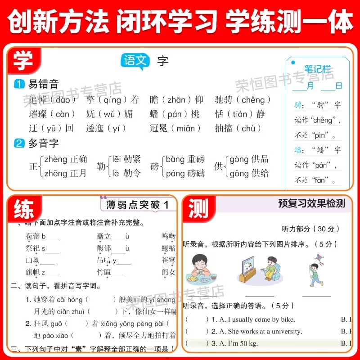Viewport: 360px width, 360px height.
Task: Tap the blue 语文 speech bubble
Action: [x=135, y=61]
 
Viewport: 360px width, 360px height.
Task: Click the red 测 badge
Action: [x=198, y=208]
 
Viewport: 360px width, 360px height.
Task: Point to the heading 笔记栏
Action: [x=317, y=69]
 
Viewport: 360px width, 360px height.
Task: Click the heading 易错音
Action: [x=43, y=84]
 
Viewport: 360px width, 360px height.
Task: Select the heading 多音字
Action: [x=43, y=144]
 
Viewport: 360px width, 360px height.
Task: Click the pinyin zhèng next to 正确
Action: [x=55, y=159]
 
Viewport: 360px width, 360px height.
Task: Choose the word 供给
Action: [x=259, y=173]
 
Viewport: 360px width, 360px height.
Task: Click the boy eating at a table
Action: [x=198, y=269]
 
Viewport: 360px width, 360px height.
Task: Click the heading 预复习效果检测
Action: [x=311, y=203]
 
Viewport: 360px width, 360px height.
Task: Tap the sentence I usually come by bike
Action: [x=257, y=319]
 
